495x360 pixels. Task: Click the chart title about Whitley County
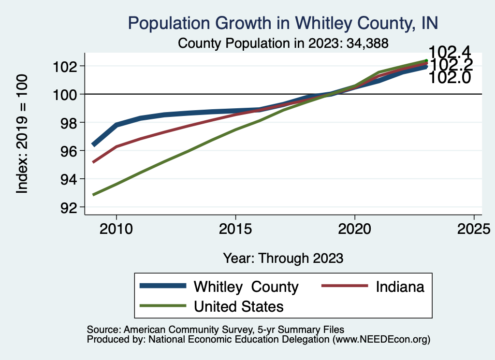283,23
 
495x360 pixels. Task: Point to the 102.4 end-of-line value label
450,52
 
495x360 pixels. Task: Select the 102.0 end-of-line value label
450,77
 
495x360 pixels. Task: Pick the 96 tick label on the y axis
67,151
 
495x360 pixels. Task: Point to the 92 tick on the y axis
67,207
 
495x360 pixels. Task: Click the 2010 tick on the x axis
116,228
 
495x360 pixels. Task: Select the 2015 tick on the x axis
235,228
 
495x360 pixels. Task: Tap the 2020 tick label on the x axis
354,228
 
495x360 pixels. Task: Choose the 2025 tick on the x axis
474,228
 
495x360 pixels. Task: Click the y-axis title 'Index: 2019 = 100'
22,134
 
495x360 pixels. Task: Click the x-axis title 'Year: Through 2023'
283,258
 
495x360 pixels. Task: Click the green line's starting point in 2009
93,195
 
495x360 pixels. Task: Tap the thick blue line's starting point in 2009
93,144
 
